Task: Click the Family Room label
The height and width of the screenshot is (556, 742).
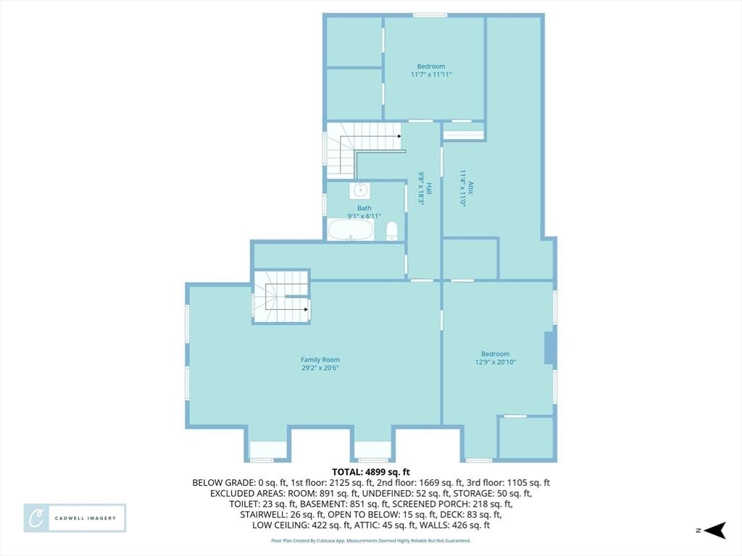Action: point(320,360)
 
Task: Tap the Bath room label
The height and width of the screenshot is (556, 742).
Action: point(364,208)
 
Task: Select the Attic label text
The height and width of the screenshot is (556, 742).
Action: point(470,188)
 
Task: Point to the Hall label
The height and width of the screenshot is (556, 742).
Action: point(429,188)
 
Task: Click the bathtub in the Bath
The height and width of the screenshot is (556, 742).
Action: point(351,229)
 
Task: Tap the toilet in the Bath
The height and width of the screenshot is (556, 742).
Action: point(392,231)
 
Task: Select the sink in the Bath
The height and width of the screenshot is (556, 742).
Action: point(361,190)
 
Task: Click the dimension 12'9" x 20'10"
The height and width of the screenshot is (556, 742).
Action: point(496,362)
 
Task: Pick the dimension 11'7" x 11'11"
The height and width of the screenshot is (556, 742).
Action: point(431,75)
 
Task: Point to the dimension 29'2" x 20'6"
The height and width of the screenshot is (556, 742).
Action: point(320,368)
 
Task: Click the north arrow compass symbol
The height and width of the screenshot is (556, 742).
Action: point(714,531)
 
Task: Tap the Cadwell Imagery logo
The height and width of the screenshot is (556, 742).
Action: point(75,518)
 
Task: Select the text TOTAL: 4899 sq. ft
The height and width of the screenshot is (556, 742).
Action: point(370,472)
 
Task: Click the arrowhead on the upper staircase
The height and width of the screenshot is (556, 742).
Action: point(400,136)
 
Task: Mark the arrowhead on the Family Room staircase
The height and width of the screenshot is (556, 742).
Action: point(307,310)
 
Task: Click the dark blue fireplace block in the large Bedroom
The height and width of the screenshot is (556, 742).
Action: point(549,348)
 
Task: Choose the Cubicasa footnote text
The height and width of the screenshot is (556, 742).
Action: point(370,540)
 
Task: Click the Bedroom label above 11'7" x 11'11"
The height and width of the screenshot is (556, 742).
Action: point(431,67)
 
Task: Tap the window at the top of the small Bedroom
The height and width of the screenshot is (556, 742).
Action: point(430,16)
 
